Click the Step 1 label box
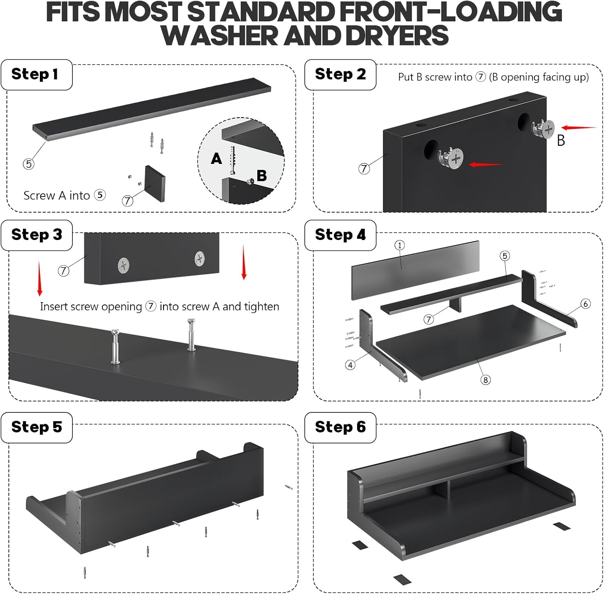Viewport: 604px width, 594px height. pos(37,75)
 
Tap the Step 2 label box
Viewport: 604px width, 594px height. pos(340,75)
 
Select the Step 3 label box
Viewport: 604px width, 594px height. pos(37,235)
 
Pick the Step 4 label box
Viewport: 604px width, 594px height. pos(340,235)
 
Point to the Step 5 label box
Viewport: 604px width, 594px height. pos(37,427)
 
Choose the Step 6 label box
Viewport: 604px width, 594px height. pos(340,427)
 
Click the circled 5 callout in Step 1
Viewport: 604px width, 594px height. pos(28,164)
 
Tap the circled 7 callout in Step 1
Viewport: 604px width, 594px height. pos(128,200)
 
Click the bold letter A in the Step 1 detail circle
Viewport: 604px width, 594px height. pos(216,159)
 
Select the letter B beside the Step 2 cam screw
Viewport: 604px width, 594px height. pos(561,140)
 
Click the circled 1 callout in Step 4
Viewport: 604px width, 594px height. pos(399,245)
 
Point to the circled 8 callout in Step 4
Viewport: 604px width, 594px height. pos(486,380)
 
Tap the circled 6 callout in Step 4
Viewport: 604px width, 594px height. pos(586,304)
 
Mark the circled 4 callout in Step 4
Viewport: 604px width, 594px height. pos(350,365)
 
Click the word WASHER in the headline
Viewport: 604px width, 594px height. pos(219,35)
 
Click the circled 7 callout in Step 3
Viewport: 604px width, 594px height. pos(63,271)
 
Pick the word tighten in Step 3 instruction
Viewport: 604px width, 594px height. pos(260,307)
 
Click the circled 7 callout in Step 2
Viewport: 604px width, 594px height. pos(364,168)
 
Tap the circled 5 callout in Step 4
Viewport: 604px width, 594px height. pos(505,256)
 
